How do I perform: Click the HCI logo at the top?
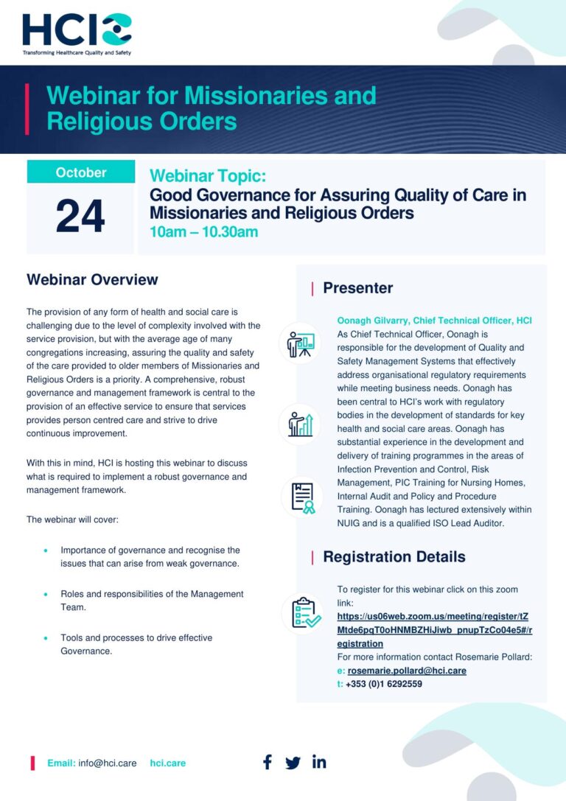tap(77, 32)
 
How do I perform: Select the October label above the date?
tap(81, 172)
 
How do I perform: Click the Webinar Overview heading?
tap(92, 279)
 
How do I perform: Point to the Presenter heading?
tap(357, 288)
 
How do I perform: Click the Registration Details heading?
tap(394, 556)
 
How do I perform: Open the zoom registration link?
tap(434, 630)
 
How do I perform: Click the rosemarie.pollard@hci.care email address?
tap(407, 671)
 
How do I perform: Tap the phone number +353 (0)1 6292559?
tap(383, 684)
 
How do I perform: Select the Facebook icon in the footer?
tap(268, 762)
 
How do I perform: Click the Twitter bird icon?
tap(293, 763)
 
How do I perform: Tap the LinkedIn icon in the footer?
tap(319, 762)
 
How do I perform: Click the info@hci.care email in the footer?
tap(108, 763)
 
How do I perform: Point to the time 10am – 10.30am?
tap(203, 232)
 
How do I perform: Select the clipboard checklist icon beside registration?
tap(301, 612)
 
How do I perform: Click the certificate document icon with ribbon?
tap(301, 497)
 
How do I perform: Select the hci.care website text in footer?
tap(168, 763)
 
